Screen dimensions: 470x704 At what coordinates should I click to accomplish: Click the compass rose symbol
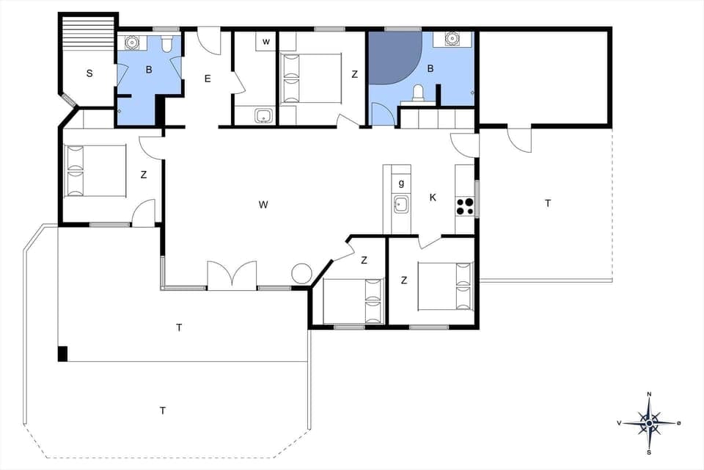click(x=649, y=422)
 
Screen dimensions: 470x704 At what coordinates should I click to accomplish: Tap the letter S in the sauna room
click(x=89, y=73)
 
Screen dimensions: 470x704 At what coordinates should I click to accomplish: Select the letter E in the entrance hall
click(x=208, y=78)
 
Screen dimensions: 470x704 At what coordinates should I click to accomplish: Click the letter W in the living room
click(x=263, y=205)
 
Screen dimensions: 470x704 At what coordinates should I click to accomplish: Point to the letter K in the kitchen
click(x=433, y=198)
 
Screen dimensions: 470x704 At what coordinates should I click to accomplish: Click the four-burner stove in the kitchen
click(x=465, y=206)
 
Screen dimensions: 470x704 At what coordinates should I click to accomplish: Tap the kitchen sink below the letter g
click(x=400, y=205)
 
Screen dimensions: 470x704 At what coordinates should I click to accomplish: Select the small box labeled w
click(x=266, y=42)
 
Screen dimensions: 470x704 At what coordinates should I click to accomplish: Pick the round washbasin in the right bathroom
click(x=450, y=39)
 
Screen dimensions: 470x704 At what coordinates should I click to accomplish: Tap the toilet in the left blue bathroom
click(x=167, y=46)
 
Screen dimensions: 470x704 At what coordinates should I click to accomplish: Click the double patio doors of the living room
click(x=232, y=276)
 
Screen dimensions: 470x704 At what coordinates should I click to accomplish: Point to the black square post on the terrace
click(x=63, y=353)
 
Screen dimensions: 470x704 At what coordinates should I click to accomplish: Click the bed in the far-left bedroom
click(x=95, y=170)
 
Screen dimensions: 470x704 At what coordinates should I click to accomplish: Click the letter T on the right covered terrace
click(x=547, y=203)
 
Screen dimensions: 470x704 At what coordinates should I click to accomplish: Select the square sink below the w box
click(x=263, y=115)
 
